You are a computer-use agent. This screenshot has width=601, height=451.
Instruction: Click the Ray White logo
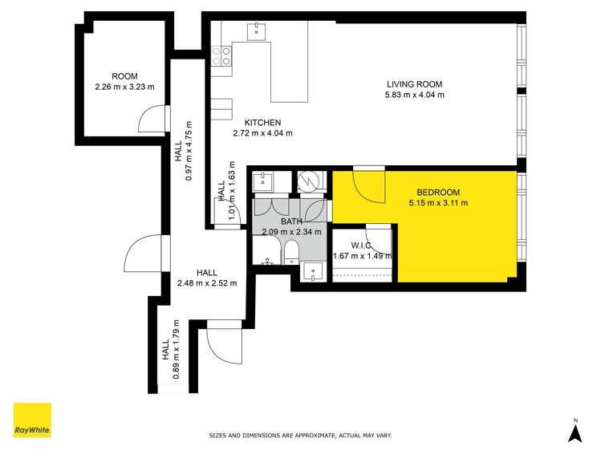pyautogui.click(x=32, y=421)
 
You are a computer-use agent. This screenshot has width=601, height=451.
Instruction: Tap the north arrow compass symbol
pyautogui.click(x=575, y=431)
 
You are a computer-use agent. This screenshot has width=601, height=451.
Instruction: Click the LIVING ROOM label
pyautogui.click(x=414, y=84)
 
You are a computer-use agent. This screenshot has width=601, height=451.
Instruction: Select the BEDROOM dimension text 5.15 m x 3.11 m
pyautogui.click(x=438, y=203)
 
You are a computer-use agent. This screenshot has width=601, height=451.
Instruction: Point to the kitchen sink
pyautogui.click(x=258, y=31)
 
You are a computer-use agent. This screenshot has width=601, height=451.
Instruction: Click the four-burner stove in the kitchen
pyautogui.click(x=222, y=55)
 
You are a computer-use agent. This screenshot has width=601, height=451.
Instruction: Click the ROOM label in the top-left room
pyautogui.click(x=125, y=75)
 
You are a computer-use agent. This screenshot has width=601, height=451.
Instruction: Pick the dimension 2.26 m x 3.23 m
pyautogui.click(x=125, y=87)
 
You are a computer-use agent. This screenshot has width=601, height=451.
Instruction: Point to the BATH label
pyautogui.click(x=291, y=221)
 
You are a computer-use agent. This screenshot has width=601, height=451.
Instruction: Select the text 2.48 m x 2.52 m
pyautogui.click(x=206, y=282)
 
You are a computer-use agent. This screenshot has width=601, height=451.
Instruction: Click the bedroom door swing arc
pyautogui.click(x=369, y=187)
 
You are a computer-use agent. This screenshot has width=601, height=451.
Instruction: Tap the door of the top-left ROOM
pyautogui.click(x=152, y=120)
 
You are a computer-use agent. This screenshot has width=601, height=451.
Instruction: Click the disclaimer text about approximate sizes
pyautogui.click(x=300, y=436)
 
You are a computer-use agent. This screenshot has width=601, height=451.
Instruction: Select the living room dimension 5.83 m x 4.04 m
pyautogui.click(x=414, y=95)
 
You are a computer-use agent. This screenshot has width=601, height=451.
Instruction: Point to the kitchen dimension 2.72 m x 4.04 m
pyautogui.click(x=262, y=133)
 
